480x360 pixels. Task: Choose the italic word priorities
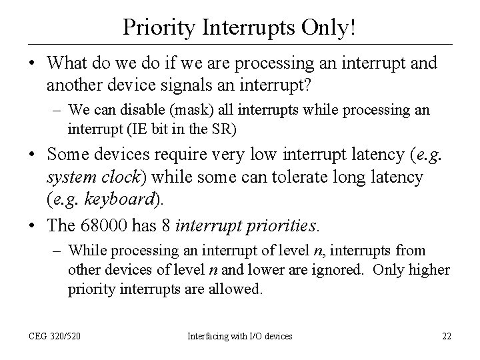tap(279, 225)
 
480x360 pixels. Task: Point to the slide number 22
tap(446, 336)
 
